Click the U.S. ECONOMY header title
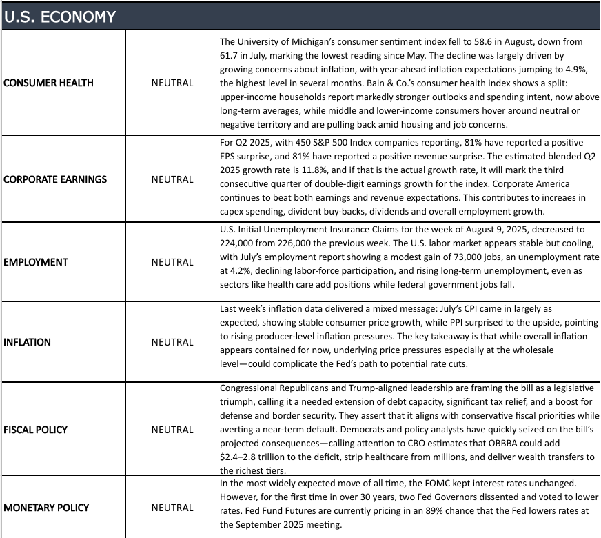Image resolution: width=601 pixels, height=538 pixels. (60, 17)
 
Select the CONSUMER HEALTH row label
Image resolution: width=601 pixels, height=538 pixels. (48, 83)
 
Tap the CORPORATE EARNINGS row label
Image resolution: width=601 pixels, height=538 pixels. (55, 179)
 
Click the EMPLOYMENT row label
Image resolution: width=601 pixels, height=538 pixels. (36, 262)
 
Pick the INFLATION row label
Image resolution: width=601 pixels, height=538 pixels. (27, 342)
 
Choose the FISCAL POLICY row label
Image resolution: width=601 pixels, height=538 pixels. (36, 430)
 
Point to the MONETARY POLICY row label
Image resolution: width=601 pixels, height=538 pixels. (46, 508)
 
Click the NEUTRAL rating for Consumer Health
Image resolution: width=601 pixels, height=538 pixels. (172, 83)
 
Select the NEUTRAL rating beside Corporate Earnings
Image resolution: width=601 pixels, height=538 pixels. (172, 179)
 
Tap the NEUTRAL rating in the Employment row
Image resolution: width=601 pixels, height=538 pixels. (172, 262)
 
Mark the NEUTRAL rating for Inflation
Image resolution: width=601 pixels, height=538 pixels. (172, 342)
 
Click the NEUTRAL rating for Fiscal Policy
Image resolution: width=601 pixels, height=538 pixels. (172, 430)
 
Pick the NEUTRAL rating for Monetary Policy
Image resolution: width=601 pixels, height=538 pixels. (172, 508)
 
